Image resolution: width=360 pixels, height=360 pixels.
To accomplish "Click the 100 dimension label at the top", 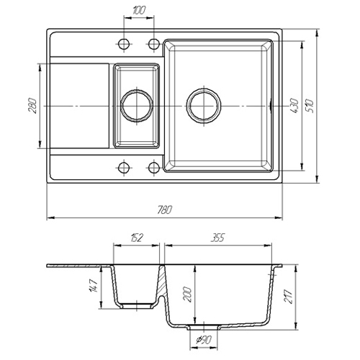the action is tap(139, 11).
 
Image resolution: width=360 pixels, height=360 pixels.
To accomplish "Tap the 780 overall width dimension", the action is tap(165, 210).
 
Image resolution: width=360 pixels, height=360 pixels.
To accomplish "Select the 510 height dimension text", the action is tap(310, 106).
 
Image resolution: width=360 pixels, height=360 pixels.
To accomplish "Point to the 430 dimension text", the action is tap(294, 106).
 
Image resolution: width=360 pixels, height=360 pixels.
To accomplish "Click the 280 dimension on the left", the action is tap(32, 106).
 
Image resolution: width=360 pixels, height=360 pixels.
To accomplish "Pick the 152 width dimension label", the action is tap(137, 238).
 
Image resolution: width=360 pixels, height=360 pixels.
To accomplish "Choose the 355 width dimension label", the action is tap(217, 238).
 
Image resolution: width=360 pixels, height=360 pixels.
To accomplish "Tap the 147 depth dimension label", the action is tap(93, 286).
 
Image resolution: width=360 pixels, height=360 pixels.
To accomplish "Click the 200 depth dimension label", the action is tap(187, 294).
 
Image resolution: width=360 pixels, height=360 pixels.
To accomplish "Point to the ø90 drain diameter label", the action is tap(204, 340).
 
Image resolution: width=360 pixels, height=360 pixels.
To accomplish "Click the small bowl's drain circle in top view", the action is tap(137, 106).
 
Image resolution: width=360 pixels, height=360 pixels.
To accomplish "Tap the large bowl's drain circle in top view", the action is tap(204, 106).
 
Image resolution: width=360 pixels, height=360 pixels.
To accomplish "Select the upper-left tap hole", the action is tap(124, 44).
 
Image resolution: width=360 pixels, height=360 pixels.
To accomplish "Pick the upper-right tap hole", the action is tap(154, 44).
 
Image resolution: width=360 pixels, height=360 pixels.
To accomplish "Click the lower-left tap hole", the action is tap(124, 168).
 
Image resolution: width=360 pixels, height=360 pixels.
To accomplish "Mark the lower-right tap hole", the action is tap(154, 168).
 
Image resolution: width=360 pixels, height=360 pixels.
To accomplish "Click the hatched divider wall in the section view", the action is tap(162, 281).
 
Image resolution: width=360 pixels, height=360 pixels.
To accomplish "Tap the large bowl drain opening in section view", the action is tap(204, 328).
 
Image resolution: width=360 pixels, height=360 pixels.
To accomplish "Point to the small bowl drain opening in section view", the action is tap(137, 306).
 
